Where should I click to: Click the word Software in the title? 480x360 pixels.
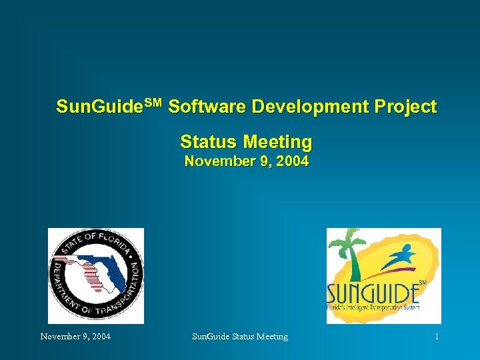pyautogui.click(x=201, y=107)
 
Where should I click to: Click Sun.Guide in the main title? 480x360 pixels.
pyautogui.click(x=100, y=107)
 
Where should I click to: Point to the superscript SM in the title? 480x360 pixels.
pyautogui.click(x=153, y=102)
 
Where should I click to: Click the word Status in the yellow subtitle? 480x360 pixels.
pyautogui.click(x=209, y=142)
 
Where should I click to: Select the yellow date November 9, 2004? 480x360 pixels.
pyautogui.click(x=246, y=161)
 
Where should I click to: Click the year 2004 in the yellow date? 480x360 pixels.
pyautogui.click(x=291, y=161)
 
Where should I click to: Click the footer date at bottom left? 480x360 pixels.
pyautogui.click(x=75, y=337)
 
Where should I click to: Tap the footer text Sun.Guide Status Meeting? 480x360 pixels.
pyautogui.click(x=240, y=337)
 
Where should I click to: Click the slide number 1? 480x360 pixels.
pyautogui.click(x=436, y=337)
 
